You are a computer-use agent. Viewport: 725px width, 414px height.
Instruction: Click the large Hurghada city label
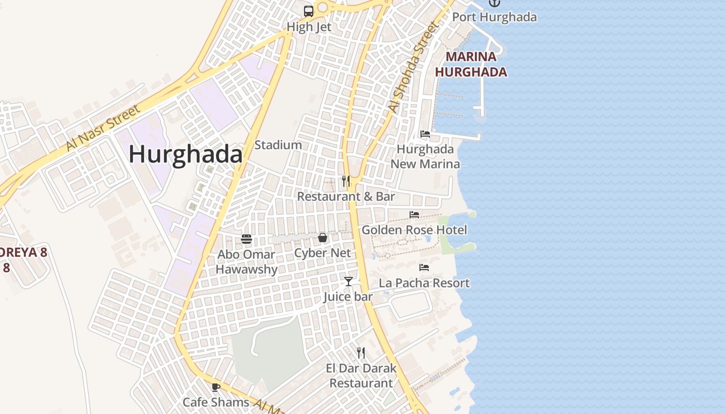click(x=185, y=155)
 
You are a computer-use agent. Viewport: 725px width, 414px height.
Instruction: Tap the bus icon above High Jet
click(x=309, y=11)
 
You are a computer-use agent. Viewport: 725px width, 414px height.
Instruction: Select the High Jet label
click(x=309, y=27)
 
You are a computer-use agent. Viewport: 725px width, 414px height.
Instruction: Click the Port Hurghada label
click(x=495, y=17)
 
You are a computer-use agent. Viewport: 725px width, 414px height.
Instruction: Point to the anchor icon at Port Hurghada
click(x=495, y=3)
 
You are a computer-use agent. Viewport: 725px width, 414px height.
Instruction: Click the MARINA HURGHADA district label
click(x=471, y=64)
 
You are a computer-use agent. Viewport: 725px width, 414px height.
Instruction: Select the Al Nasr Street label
click(x=103, y=128)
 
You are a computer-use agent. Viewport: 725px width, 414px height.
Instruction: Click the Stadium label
click(x=278, y=145)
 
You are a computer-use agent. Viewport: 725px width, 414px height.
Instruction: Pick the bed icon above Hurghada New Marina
click(x=425, y=134)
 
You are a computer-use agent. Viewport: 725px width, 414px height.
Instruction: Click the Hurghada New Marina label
click(x=425, y=156)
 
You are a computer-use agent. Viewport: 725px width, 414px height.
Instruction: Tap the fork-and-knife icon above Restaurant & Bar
click(x=346, y=181)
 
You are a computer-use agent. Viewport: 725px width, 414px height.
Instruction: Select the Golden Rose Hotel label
click(x=414, y=230)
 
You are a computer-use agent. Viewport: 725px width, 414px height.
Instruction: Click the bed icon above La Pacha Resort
click(x=424, y=268)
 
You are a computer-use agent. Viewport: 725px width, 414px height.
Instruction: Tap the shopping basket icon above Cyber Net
click(x=323, y=238)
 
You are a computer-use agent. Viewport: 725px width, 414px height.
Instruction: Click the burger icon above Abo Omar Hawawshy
click(x=247, y=239)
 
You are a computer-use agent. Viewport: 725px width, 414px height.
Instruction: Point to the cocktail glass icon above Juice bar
click(x=349, y=282)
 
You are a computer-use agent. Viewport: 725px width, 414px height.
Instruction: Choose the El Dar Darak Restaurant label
click(x=361, y=376)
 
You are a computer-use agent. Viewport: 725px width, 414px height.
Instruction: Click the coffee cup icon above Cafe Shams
click(x=216, y=387)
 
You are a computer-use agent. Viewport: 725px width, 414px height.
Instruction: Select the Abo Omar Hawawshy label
click(x=247, y=262)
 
